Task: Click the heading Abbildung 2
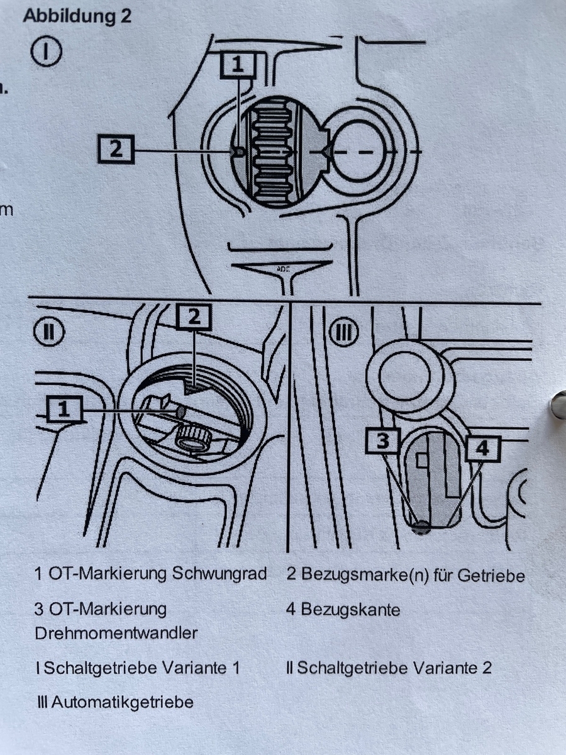pos(77,16)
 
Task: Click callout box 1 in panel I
pos(237,64)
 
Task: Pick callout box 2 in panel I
pos(116,150)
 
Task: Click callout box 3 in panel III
pos(382,441)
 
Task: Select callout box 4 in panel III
pos(482,449)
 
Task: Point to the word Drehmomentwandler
pos(116,633)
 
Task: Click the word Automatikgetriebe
pos(122,702)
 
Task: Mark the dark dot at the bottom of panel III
pos(423,527)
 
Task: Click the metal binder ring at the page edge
pos(558,405)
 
